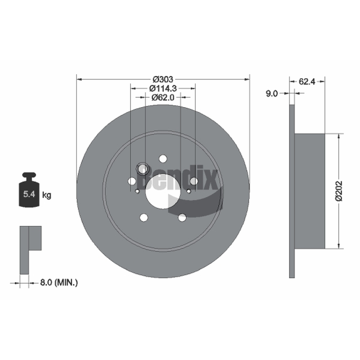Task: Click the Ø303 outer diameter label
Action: click(x=163, y=80)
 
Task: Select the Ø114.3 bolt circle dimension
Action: click(x=163, y=88)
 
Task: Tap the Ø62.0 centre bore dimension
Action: click(x=163, y=97)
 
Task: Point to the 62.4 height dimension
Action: click(x=307, y=81)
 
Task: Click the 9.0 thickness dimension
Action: click(x=272, y=94)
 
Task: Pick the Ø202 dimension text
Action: click(x=339, y=191)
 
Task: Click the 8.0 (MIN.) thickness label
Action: click(x=59, y=283)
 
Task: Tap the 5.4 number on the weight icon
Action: click(x=29, y=194)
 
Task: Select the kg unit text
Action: click(x=47, y=195)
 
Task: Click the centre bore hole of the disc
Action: click(x=163, y=191)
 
